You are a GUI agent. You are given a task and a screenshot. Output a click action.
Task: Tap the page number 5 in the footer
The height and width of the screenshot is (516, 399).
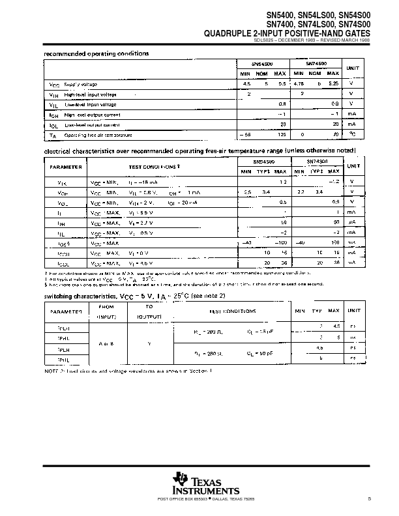pos(368,499)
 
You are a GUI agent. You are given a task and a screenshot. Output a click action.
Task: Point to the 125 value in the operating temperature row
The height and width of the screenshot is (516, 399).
pos(283,135)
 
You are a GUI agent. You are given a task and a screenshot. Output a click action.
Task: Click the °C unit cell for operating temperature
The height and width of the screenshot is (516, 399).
pos(351,135)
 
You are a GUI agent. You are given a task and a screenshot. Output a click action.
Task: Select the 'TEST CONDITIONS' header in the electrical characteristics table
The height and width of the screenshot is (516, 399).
pos(155,167)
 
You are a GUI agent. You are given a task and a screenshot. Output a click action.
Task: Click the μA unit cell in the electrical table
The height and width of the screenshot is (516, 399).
pos(351,222)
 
